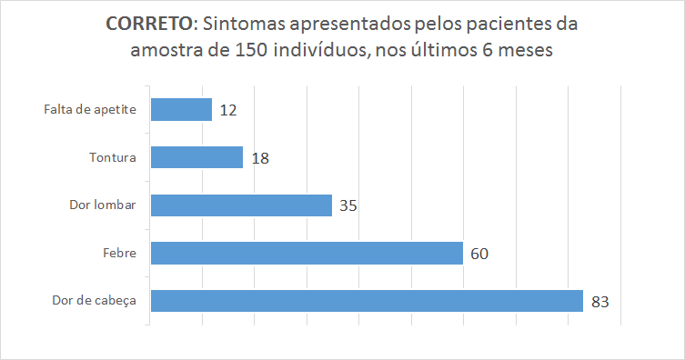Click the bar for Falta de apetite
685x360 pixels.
click(x=181, y=110)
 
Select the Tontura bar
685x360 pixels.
click(x=196, y=157)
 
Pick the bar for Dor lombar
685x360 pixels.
click(x=241, y=205)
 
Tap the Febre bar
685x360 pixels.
click(x=307, y=253)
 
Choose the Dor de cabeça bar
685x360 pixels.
click(x=366, y=300)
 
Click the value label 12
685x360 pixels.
click(x=228, y=111)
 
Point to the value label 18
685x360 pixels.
click(x=260, y=158)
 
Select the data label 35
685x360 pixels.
click(x=348, y=205)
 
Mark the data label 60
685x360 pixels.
click(x=479, y=254)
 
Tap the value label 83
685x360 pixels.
click(x=599, y=301)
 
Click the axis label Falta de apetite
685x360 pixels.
click(x=90, y=110)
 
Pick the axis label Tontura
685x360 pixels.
click(x=113, y=157)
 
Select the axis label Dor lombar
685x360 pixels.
click(x=103, y=205)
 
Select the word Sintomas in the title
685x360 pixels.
click(x=236, y=23)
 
